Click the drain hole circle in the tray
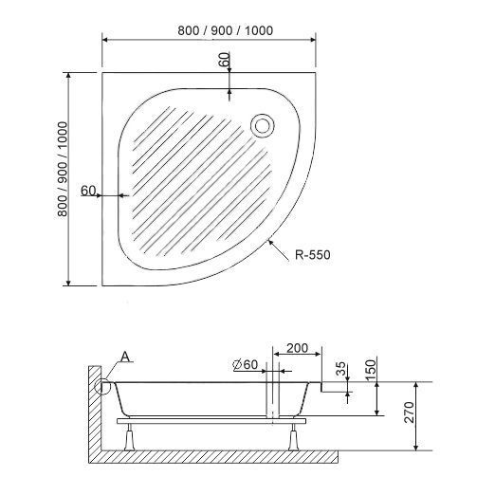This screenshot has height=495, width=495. (x=263, y=125)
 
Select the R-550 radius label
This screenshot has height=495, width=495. (x=313, y=254)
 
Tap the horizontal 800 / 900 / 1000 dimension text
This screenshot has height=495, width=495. (x=225, y=30)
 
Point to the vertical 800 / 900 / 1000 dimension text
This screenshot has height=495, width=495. (x=63, y=169)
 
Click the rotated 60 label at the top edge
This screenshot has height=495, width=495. (x=224, y=59)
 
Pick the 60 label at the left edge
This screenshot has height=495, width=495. (x=88, y=191)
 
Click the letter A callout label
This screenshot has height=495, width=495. (x=125, y=357)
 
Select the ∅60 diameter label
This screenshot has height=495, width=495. (x=246, y=364)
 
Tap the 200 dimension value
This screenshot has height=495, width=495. (x=297, y=348)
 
